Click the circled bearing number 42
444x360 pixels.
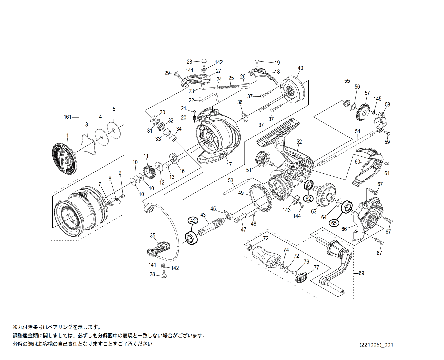tap(192, 221)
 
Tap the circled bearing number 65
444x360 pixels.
tap(334, 223)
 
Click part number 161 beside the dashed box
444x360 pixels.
tap(68, 117)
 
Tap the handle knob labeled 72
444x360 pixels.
tap(267, 256)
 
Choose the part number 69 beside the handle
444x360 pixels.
tap(361, 273)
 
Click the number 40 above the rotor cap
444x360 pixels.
tap(300, 68)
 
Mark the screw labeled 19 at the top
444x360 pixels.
tap(257, 62)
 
